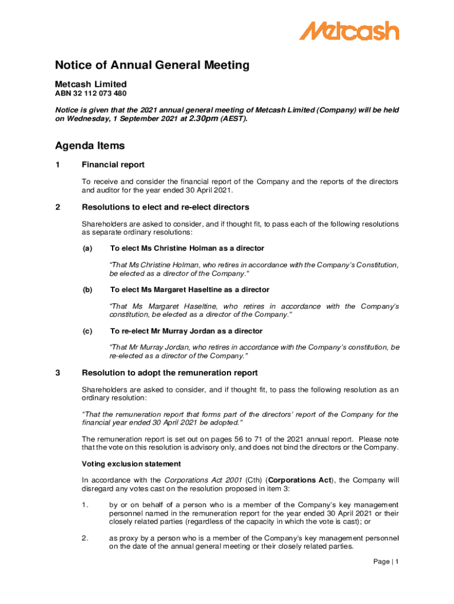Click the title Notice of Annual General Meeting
coord(152,65)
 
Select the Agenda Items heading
coord(90,146)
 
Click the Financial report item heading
coord(113,165)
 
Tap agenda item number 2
coord(58,207)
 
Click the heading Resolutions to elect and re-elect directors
coord(165,207)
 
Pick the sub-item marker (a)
coord(87,248)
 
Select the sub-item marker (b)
coord(87,290)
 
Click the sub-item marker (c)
coord(87,331)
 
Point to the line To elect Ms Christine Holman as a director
coord(187,248)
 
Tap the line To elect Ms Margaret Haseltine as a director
coord(189,290)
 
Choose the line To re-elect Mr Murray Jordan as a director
coord(186,331)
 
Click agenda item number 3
coord(58,373)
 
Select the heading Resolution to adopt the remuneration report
coord(170,373)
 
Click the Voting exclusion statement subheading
coord(131,464)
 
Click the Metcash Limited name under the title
coord(91,84)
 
